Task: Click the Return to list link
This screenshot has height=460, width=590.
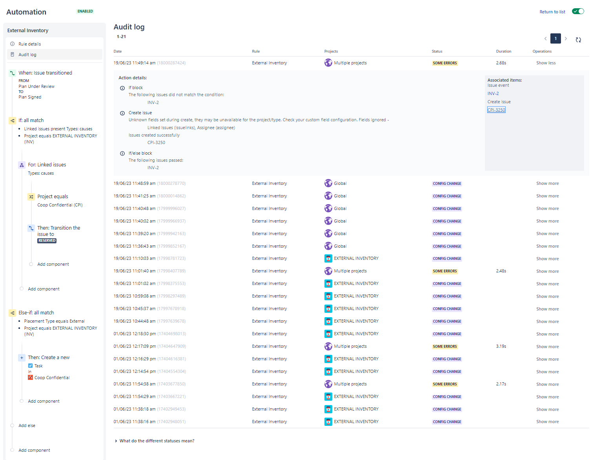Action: pyautogui.click(x=552, y=12)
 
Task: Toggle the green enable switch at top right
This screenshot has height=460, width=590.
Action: pyautogui.click(x=578, y=11)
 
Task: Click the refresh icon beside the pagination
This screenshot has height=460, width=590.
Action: pyautogui.click(x=578, y=40)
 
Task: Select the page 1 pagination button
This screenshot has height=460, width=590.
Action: pyautogui.click(x=555, y=38)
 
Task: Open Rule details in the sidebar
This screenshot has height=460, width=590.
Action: pyautogui.click(x=29, y=44)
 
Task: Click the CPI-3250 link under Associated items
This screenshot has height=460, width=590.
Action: pyautogui.click(x=496, y=110)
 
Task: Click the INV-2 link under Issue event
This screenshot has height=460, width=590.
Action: pyautogui.click(x=493, y=93)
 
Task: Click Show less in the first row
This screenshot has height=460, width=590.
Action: pyautogui.click(x=546, y=63)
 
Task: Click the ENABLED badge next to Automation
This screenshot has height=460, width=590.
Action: pyautogui.click(x=85, y=11)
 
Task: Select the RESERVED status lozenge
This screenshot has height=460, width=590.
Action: pyautogui.click(x=47, y=241)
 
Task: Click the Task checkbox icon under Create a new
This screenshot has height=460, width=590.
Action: pyautogui.click(x=31, y=366)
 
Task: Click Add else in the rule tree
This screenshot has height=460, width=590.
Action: pyautogui.click(x=27, y=425)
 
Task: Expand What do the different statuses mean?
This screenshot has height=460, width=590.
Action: pyautogui.click(x=157, y=441)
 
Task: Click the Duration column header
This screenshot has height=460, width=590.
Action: pyautogui.click(x=503, y=51)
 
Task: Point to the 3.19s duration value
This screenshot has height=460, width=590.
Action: pyautogui.click(x=501, y=346)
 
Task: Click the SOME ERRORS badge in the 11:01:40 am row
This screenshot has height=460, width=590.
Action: pyautogui.click(x=445, y=271)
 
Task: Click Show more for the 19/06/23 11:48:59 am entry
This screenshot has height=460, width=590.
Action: pyautogui.click(x=547, y=183)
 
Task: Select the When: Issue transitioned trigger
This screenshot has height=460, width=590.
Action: pyautogui.click(x=45, y=73)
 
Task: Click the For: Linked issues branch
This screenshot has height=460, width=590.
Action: pyautogui.click(x=47, y=165)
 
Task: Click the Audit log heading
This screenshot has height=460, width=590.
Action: pyautogui.click(x=129, y=27)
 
